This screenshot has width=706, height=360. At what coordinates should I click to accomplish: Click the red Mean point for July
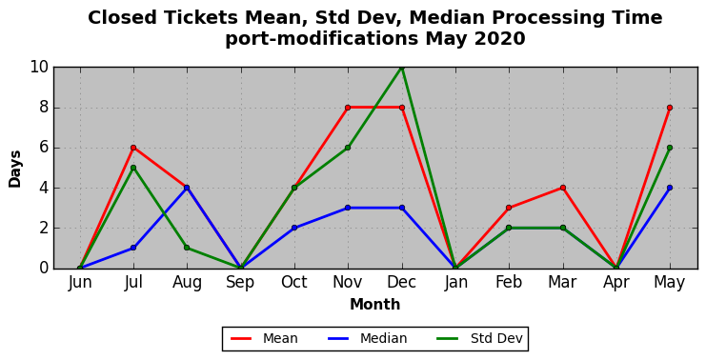133,148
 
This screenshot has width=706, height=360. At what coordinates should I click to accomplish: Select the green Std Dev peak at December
402,68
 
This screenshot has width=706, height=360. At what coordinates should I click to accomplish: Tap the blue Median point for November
348,208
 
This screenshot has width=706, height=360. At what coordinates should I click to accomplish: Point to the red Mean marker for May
670,108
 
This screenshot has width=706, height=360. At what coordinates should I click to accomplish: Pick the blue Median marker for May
670,188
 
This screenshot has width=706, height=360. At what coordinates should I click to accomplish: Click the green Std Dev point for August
187,248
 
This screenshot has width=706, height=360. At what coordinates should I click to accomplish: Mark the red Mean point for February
509,208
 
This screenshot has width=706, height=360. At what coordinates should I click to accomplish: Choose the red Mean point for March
562,188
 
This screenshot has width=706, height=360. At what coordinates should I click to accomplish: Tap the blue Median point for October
294,228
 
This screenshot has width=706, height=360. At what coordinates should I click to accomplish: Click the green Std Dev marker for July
133,168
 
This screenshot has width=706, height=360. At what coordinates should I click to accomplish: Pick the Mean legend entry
264,338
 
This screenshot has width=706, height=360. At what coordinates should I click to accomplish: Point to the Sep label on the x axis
240,283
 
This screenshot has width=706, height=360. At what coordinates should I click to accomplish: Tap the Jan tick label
455,282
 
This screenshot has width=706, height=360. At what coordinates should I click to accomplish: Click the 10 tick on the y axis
39,67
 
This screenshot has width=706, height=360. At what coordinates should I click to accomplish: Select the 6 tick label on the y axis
44,148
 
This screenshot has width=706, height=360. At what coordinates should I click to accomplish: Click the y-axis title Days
15,169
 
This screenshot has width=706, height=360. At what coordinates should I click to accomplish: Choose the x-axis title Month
375,305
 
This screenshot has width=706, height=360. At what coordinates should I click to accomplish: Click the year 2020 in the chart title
500,39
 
